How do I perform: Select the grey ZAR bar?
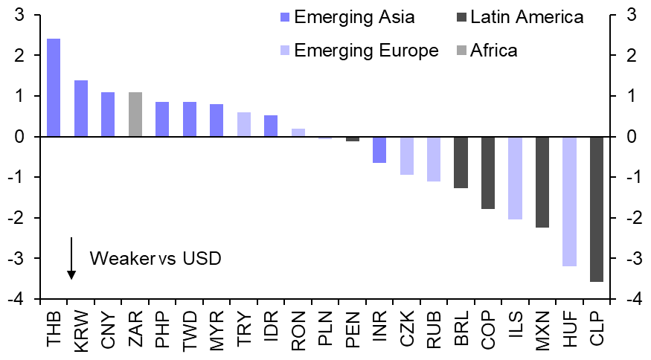[135, 115]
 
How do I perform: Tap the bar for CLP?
[597, 209]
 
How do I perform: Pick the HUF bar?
[569, 202]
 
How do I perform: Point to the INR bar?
[379, 150]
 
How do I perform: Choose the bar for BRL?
[461, 162]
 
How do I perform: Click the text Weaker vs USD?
[155, 259]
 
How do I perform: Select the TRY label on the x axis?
[244, 329]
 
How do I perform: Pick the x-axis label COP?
[488, 329]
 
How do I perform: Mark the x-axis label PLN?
[325, 329]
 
